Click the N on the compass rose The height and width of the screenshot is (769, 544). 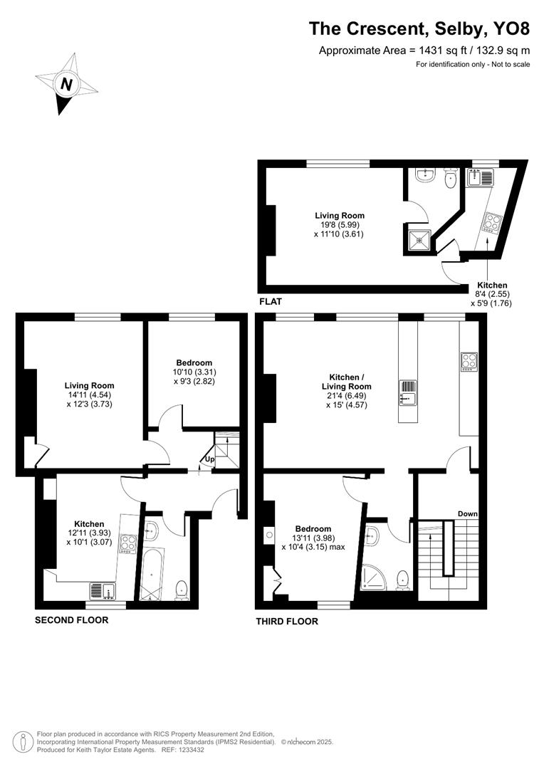[66, 85]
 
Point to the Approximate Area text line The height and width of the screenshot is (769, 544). [424, 50]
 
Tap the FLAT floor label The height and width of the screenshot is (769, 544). [271, 302]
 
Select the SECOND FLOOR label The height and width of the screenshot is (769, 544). [72, 620]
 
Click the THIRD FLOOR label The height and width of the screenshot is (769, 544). [287, 621]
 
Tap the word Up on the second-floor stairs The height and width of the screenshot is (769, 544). [209, 459]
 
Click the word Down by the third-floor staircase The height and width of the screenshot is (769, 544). [467, 513]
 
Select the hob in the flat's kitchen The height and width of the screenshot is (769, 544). [491, 222]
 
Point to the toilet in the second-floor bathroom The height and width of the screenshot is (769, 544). [182, 587]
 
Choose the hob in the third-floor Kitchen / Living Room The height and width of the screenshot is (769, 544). [469, 361]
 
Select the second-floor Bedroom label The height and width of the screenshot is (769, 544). [194, 362]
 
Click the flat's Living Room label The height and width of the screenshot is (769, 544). [340, 215]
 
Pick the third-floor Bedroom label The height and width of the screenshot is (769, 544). [313, 528]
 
